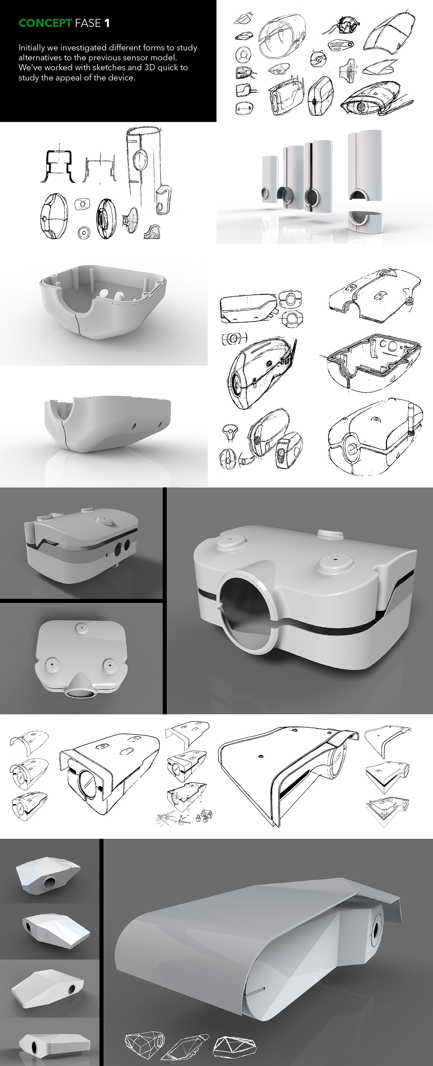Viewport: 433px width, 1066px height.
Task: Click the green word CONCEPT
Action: click(45, 23)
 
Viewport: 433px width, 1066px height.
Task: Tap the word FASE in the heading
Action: click(88, 23)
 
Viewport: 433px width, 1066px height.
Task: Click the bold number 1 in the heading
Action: click(107, 23)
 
